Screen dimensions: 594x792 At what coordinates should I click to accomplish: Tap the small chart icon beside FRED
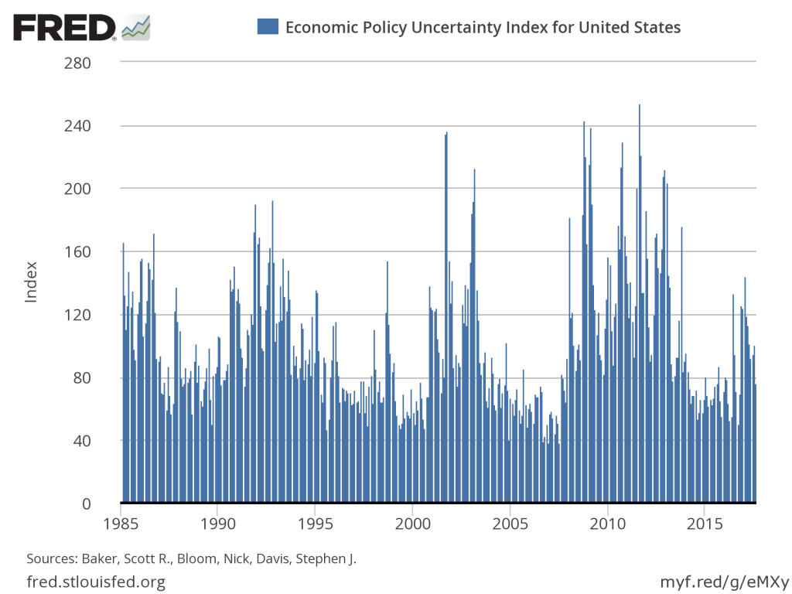137,27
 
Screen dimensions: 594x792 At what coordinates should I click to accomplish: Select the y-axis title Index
31,282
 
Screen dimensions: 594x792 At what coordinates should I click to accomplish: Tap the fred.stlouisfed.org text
96,581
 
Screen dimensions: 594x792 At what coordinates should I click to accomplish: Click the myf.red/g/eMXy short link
724,581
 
